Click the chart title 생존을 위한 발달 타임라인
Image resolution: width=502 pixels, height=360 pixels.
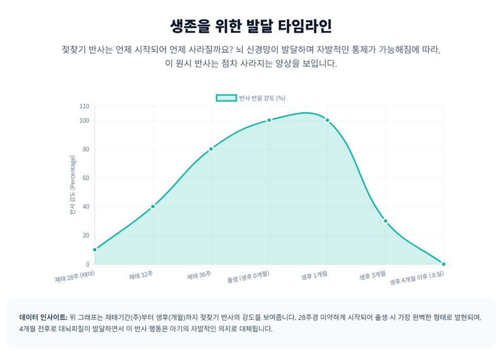[x=251, y=26]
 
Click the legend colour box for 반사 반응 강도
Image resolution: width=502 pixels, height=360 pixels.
[x=227, y=98]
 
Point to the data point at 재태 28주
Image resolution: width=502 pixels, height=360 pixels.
[x=95, y=250]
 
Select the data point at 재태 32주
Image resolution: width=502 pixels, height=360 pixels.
[x=153, y=207]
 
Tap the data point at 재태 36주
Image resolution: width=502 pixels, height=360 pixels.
[x=211, y=149]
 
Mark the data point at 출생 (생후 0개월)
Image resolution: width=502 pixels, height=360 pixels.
[x=269, y=121]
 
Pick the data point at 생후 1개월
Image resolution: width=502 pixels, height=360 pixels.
[x=327, y=121]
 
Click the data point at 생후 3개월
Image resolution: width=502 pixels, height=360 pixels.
[x=386, y=221]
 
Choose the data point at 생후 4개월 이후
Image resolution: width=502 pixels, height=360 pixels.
[x=443, y=264]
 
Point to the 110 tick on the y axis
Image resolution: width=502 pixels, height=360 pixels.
[x=84, y=106]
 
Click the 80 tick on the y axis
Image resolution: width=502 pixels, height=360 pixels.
[x=86, y=149]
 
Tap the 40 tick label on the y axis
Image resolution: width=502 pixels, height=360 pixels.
[x=86, y=207]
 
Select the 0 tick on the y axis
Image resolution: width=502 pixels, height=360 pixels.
[x=88, y=264]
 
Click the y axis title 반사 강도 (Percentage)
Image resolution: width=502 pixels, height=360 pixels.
[x=73, y=185]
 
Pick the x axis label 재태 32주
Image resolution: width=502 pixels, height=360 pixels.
[x=141, y=275]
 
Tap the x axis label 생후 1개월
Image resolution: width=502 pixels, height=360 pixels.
[x=315, y=275]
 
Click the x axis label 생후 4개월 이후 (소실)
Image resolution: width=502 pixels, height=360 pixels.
[x=417, y=278]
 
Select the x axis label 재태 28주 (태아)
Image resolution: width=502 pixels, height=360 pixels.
[x=75, y=277]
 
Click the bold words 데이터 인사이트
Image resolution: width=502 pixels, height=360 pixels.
[x=44, y=317]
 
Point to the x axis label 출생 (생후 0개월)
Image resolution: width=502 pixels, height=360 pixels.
[x=249, y=277]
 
